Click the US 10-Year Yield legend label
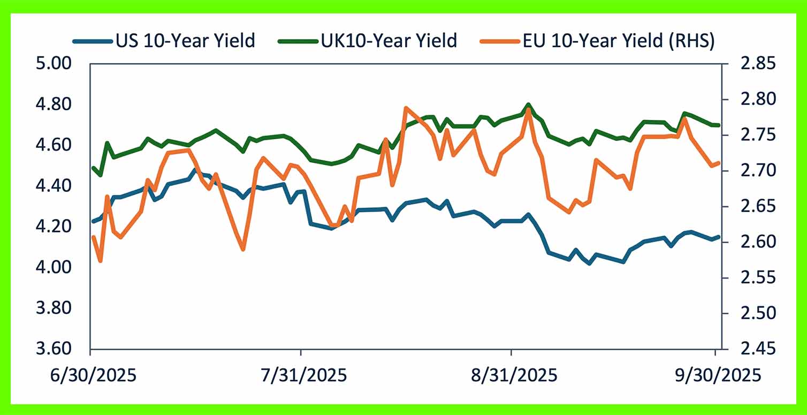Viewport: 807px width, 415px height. [185, 41]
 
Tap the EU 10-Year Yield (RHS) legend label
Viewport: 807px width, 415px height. [619, 41]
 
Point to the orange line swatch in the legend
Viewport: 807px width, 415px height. [502, 41]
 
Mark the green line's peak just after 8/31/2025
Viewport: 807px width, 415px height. [528, 105]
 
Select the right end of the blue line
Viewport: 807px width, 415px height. [718, 237]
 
